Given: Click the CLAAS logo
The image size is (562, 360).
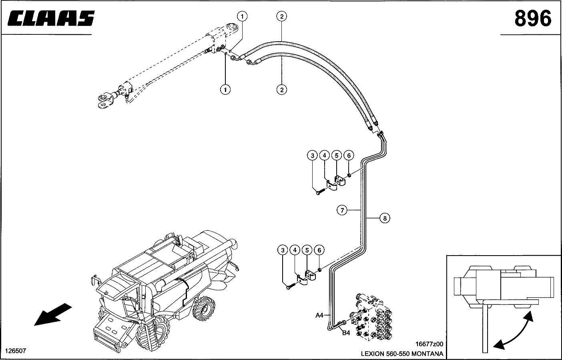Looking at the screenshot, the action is coord(51,18).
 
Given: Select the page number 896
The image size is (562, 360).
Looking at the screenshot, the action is coord(533,18).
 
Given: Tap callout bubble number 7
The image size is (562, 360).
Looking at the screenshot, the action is coord(342,210).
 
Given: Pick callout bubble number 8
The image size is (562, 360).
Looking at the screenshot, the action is coord(385,218).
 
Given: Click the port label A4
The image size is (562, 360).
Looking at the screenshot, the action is coord(319,315).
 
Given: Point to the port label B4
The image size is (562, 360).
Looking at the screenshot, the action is coord(346,333).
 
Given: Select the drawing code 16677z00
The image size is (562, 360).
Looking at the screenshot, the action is coord(429,344).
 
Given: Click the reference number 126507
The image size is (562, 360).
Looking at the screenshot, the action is coord(16,351).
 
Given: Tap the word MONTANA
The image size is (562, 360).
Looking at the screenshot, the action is coord(427,354).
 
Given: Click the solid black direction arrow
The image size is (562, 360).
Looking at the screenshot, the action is coord(53,314).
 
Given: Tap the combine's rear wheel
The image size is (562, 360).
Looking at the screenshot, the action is coord(204,308).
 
